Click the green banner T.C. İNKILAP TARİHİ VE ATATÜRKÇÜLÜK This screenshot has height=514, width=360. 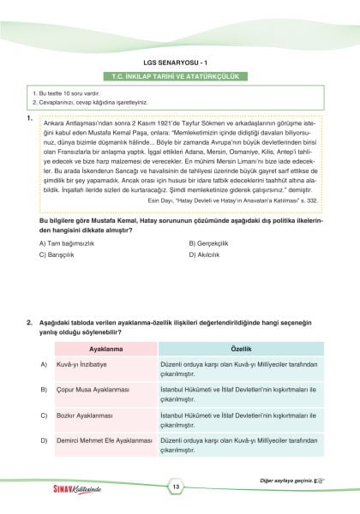[x=179, y=75]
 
